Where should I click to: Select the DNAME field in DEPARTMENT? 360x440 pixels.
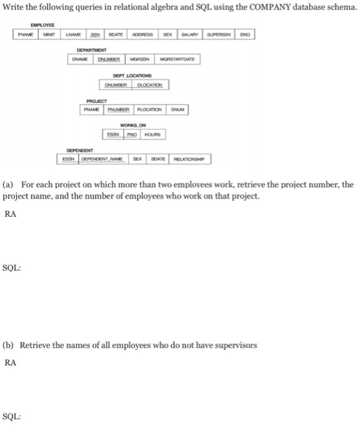[x=81, y=59]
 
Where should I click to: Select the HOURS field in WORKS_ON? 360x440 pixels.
[x=153, y=135]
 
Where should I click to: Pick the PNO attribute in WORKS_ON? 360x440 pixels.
[x=132, y=135]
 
